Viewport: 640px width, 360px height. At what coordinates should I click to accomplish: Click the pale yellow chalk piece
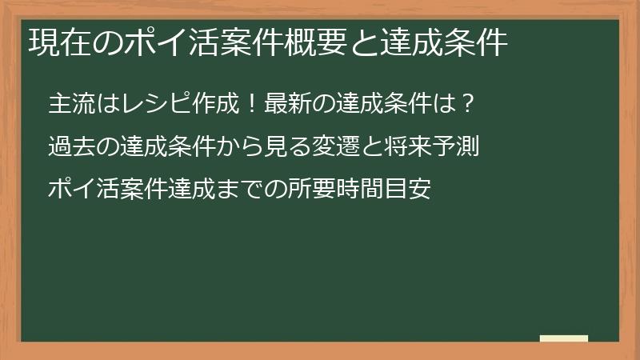coord(563,338)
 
